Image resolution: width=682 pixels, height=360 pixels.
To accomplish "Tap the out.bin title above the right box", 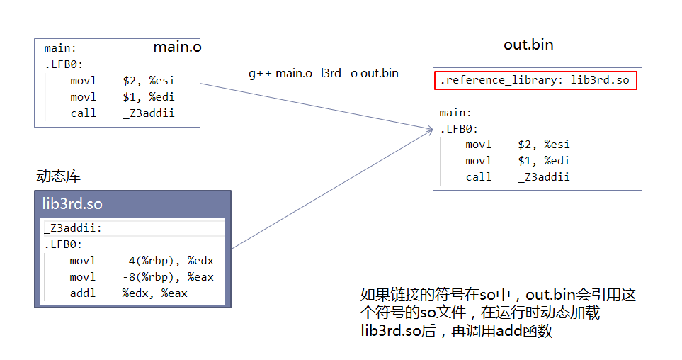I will point(528,45).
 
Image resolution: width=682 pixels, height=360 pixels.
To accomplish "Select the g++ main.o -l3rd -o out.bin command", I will point(323,73).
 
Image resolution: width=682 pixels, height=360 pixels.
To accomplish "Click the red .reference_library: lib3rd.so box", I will point(535,80).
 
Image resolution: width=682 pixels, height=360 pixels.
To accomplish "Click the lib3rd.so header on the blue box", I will point(73,204).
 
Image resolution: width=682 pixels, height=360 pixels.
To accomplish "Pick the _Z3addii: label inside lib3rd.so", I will point(74,228).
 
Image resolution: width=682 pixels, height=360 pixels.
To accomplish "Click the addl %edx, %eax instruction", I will point(128,293).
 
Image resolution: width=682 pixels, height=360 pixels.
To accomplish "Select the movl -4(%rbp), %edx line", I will point(141,261).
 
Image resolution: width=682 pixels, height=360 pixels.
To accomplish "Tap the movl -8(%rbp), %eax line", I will point(141,276).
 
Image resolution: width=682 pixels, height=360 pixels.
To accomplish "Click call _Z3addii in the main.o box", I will point(122,113).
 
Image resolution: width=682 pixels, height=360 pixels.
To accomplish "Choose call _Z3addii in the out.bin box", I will point(517,177).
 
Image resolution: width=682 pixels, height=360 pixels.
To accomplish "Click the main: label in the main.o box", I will point(60,49).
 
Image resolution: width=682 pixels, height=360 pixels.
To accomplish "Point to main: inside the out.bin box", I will point(455,113).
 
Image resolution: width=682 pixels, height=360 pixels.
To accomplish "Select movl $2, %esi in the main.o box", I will point(122,81).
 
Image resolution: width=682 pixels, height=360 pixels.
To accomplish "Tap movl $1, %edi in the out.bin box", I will point(517,161).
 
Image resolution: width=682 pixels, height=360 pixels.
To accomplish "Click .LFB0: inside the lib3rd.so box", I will point(63,244).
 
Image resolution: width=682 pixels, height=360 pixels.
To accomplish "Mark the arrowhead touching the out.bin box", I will point(429,128).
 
